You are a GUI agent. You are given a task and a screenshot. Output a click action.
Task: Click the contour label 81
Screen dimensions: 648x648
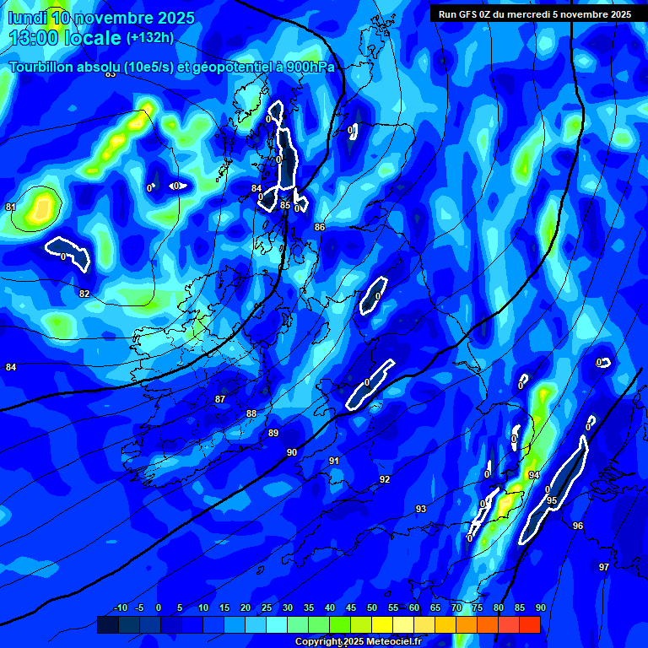pyautogui.click(x=10, y=207)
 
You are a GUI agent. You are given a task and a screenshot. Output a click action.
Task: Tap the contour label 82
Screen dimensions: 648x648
pyautogui.click(x=84, y=294)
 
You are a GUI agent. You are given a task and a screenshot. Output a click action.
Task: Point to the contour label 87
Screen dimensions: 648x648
pyautogui.click(x=220, y=399)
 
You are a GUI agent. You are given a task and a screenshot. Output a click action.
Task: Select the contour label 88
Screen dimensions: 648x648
pyautogui.click(x=251, y=413)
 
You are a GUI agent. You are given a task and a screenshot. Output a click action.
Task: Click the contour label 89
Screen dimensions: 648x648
pyautogui.click(x=273, y=433)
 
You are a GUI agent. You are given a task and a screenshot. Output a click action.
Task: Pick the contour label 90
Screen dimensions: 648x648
pyautogui.click(x=292, y=453)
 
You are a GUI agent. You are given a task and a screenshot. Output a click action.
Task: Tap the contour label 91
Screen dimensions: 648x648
pyautogui.click(x=334, y=461)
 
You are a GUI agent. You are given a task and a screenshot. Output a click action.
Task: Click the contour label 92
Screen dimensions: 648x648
pyautogui.click(x=385, y=479)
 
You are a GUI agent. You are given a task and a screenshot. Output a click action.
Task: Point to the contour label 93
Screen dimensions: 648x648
pyautogui.click(x=421, y=509)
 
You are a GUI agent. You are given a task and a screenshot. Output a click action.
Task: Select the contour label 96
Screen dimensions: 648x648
pyautogui.click(x=578, y=526)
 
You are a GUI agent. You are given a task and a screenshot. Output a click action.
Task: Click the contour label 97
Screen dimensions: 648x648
pyautogui.click(x=604, y=567)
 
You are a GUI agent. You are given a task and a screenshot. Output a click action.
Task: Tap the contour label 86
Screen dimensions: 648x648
pyautogui.click(x=320, y=227)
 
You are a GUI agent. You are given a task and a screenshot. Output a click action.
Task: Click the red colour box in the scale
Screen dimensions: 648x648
pyautogui.click(x=529, y=624)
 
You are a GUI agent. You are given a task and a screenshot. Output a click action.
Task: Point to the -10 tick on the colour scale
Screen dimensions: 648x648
pyautogui.click(x=120, y=607)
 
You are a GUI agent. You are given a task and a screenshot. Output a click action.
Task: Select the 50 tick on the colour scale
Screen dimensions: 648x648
pyautogui.click(x=372, y=607)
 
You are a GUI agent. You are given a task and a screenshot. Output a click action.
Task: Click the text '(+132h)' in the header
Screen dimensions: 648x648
pyautogui.click(x=151, y=37)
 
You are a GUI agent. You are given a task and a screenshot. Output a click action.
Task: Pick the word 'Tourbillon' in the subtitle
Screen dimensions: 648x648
pyautogui.click(x=43, y=67)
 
